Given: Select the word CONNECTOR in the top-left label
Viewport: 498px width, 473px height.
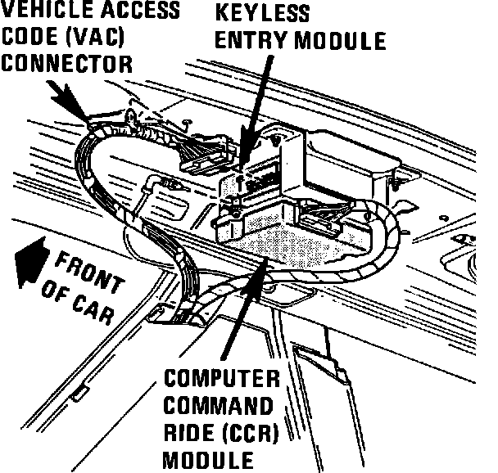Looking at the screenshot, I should pos(68,63).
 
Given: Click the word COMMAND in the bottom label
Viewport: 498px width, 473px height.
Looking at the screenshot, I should pos(217,406).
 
